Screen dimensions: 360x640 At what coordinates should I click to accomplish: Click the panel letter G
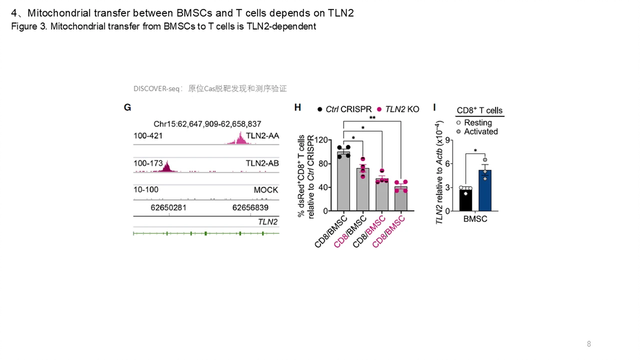(127, 107)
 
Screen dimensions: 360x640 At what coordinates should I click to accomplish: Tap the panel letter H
(297, 107)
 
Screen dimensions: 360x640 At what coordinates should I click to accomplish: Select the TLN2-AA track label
(261, 136)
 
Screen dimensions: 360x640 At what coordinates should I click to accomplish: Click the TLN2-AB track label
(261, 163)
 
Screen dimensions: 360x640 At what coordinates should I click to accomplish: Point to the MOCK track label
(266, 190)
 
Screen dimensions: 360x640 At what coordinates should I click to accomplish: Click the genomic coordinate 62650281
(169, 207)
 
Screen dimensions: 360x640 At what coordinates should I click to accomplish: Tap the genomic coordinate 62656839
(250, 207)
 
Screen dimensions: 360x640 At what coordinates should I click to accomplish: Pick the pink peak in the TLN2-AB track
(164, 167)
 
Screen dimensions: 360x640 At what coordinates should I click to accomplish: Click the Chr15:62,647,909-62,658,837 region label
(207, 124)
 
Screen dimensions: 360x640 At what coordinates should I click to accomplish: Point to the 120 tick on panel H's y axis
(321, 140)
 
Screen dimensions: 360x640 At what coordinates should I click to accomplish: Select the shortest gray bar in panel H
(400, 199)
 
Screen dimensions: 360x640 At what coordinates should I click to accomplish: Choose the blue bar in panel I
(485, 190)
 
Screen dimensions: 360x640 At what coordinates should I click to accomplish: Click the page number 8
(589, 344)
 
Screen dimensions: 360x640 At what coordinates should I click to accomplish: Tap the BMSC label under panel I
(475, 219)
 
